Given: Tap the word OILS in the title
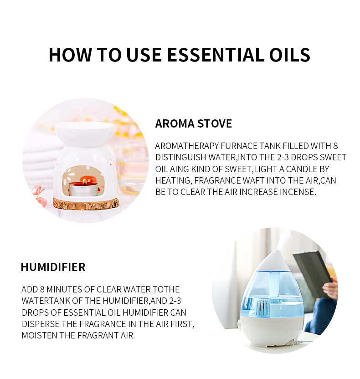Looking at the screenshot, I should click(288, 55).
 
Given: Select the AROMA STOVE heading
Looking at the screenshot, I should click(193, 123).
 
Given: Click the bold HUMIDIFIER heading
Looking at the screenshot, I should click(53, 267).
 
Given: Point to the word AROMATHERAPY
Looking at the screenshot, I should click(187, 146).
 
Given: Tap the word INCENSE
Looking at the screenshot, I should click(296, 192).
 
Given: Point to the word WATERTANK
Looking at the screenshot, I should click(45, 301).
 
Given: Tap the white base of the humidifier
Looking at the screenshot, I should click(272, 330).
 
